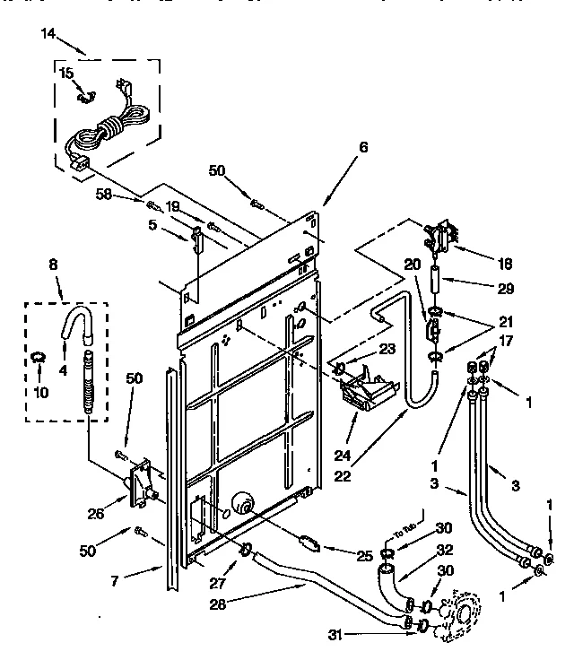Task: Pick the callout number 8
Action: click(x=53, y=266)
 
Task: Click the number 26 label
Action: click(x=94, y=514)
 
